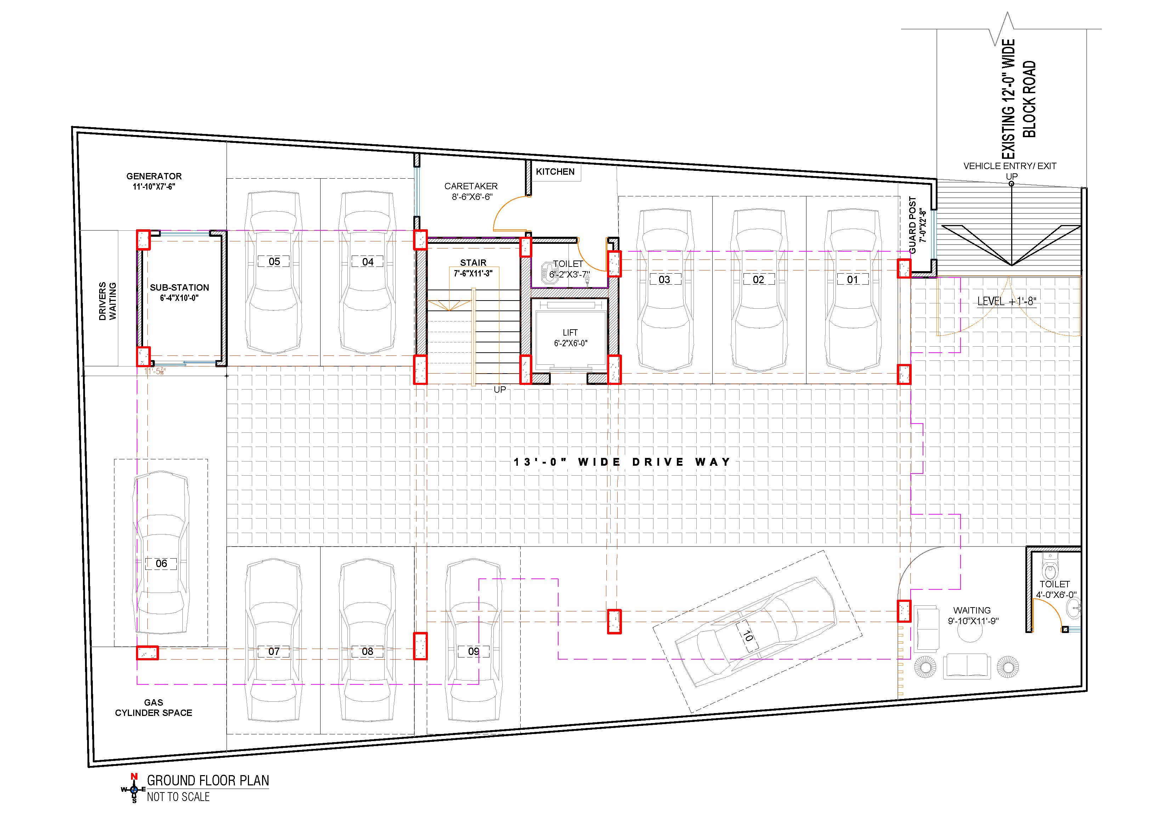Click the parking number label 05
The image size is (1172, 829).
[274, 262]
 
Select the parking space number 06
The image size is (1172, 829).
[161, 564]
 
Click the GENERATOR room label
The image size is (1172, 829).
[154, 176]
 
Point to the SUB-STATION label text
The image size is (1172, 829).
[180, 287]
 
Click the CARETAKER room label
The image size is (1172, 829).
[471, 186]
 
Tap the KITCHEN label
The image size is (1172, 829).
[555, 172]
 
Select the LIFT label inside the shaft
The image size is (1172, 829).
[570, 332]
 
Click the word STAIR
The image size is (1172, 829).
[473, 263]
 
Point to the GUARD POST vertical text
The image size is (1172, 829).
[913, 225]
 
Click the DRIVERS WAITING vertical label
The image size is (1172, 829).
[108, 301]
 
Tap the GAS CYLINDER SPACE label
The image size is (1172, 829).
[154, 708]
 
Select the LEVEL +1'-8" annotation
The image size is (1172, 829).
[1007, 301]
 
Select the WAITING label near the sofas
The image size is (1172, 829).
[972, 610]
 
